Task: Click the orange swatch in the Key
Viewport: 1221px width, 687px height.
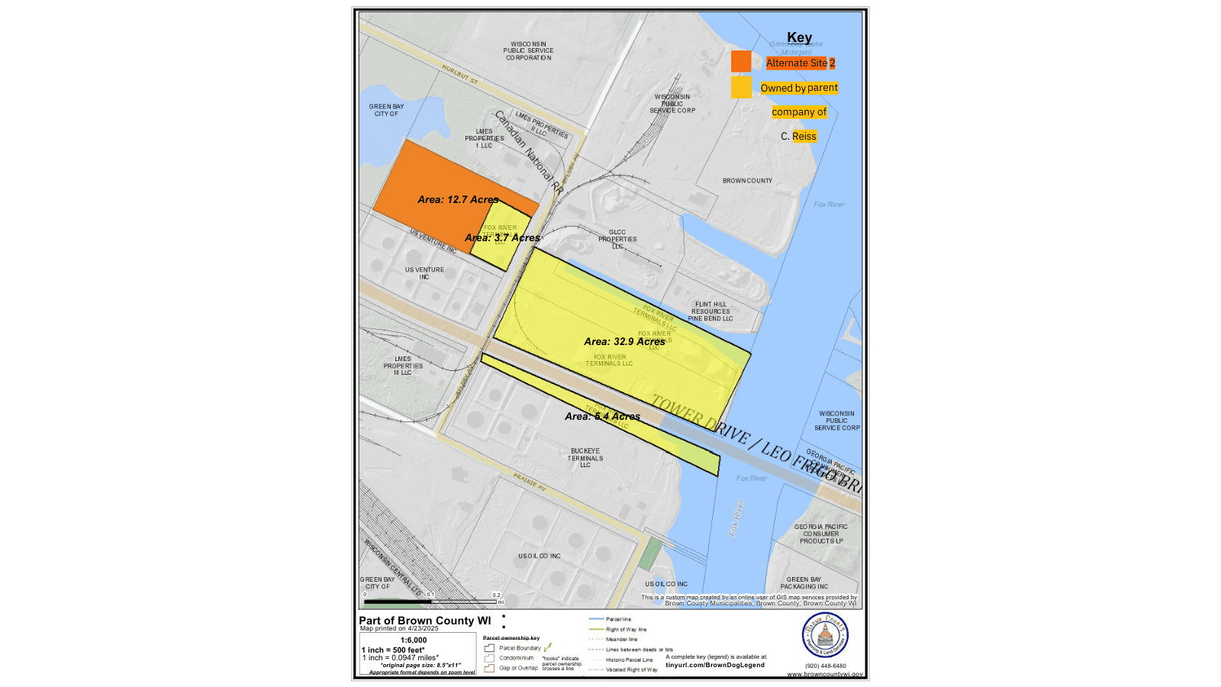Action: pos(741,62)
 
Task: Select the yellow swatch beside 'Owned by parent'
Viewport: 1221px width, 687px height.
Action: pos(741,88)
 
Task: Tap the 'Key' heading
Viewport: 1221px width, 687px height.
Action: pos(799,37)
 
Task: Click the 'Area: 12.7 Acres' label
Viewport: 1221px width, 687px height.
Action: pos(458,200)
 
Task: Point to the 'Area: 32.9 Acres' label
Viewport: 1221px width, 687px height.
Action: pos(624,342)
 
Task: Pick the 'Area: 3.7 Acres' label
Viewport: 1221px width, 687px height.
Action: pos(502,238)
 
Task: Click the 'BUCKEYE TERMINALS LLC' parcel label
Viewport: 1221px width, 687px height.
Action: pos(585,458)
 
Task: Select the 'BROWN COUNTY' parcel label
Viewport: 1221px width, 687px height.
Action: pos(747,181)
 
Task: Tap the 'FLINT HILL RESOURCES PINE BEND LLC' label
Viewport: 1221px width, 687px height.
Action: pos(710,311)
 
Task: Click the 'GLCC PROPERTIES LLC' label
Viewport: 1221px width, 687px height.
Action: pos(617,239)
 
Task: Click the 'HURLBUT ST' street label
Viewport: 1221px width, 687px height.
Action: pos(459,74)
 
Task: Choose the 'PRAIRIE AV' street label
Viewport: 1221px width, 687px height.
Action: pos(530,482)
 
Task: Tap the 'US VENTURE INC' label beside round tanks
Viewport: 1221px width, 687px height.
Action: pos(424,273)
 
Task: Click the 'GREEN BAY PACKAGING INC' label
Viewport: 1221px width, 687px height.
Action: pos(804,583)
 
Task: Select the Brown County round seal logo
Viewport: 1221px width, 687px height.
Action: pos(825,635)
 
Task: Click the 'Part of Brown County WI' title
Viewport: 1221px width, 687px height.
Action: pos(425,621)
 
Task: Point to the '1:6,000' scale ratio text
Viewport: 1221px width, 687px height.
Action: pos(414,640)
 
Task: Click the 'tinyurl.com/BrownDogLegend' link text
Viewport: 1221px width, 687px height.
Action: pos(715,665)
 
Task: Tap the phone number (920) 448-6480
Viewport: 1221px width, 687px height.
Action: pos(825,666)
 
